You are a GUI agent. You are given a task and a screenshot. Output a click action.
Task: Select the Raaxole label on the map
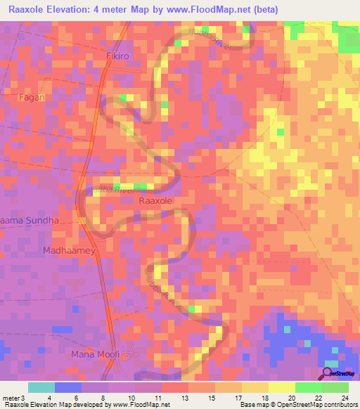tap(156, 200)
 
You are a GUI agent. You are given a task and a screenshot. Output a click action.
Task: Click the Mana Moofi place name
tap(96, 353)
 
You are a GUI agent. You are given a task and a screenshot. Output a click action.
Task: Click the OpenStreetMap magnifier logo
tap(327, 373)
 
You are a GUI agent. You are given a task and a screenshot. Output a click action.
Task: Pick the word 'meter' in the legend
tap(11, 397)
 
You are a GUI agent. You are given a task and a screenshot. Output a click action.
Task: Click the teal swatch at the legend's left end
tap(41, 387)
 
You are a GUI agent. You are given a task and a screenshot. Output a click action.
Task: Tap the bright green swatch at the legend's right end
tap(335, 387)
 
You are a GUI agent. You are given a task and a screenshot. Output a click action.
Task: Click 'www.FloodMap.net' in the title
tap(214, 10)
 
